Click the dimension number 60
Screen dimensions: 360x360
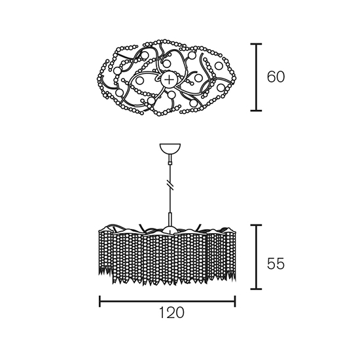coord(276,77)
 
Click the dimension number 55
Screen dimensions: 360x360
coord(276,264)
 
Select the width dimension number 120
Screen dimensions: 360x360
coord(171,313)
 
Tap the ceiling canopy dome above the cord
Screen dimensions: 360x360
coord(170,149)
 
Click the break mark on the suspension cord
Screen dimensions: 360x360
coord(170,185)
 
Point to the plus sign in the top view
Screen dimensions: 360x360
coord(170,79)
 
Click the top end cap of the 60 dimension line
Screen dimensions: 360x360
coord(256,44)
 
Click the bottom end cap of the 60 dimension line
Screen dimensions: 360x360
coord(256,111)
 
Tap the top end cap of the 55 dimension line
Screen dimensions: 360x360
coord(256,225)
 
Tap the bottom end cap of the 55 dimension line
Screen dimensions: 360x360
coord(256,289)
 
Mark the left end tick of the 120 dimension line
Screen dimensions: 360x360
coord(99,302)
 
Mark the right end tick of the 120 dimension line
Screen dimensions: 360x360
coord(235,302)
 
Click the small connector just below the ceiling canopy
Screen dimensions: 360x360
coord(170,160)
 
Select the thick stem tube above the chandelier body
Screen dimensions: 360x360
coord(170,219)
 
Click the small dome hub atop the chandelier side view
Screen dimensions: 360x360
coord(170,229)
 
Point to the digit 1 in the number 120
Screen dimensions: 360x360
coord(162,313)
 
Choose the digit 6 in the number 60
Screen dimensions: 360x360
coord(271,77)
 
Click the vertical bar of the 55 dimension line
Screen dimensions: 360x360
coord(256,257)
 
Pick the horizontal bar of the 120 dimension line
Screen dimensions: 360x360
coord(168,302)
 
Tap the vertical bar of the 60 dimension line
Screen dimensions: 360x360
coord(256,77)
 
